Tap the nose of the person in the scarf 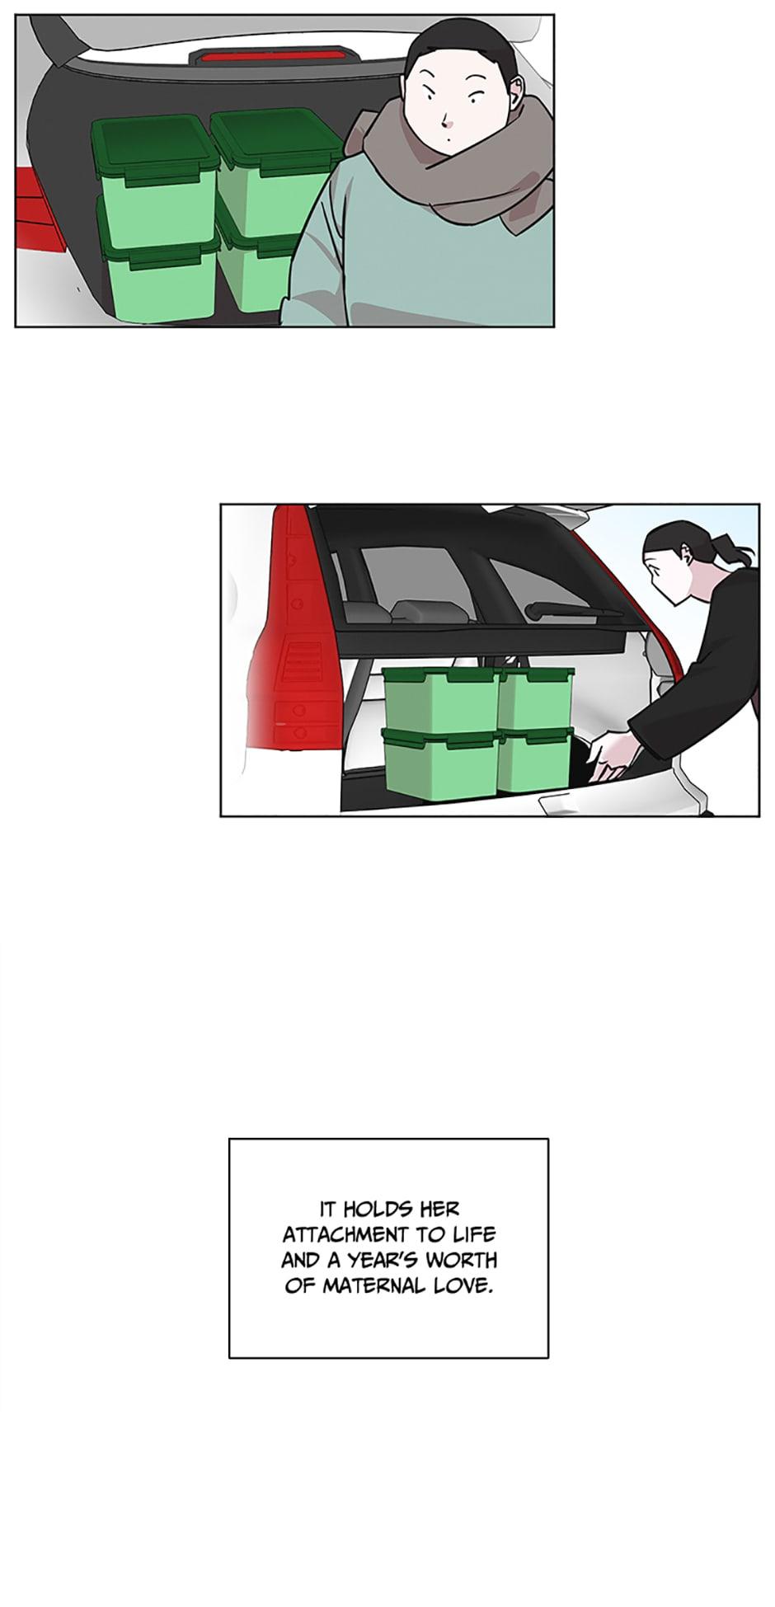pyautogui.click(x=446, y=120)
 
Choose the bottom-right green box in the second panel pyautogui.click(x=534, y=759)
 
